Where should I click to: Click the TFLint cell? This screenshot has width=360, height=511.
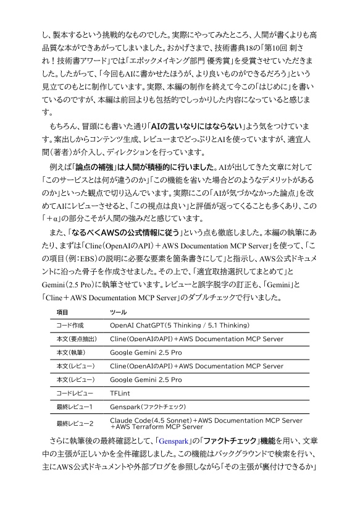coord(120,392)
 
